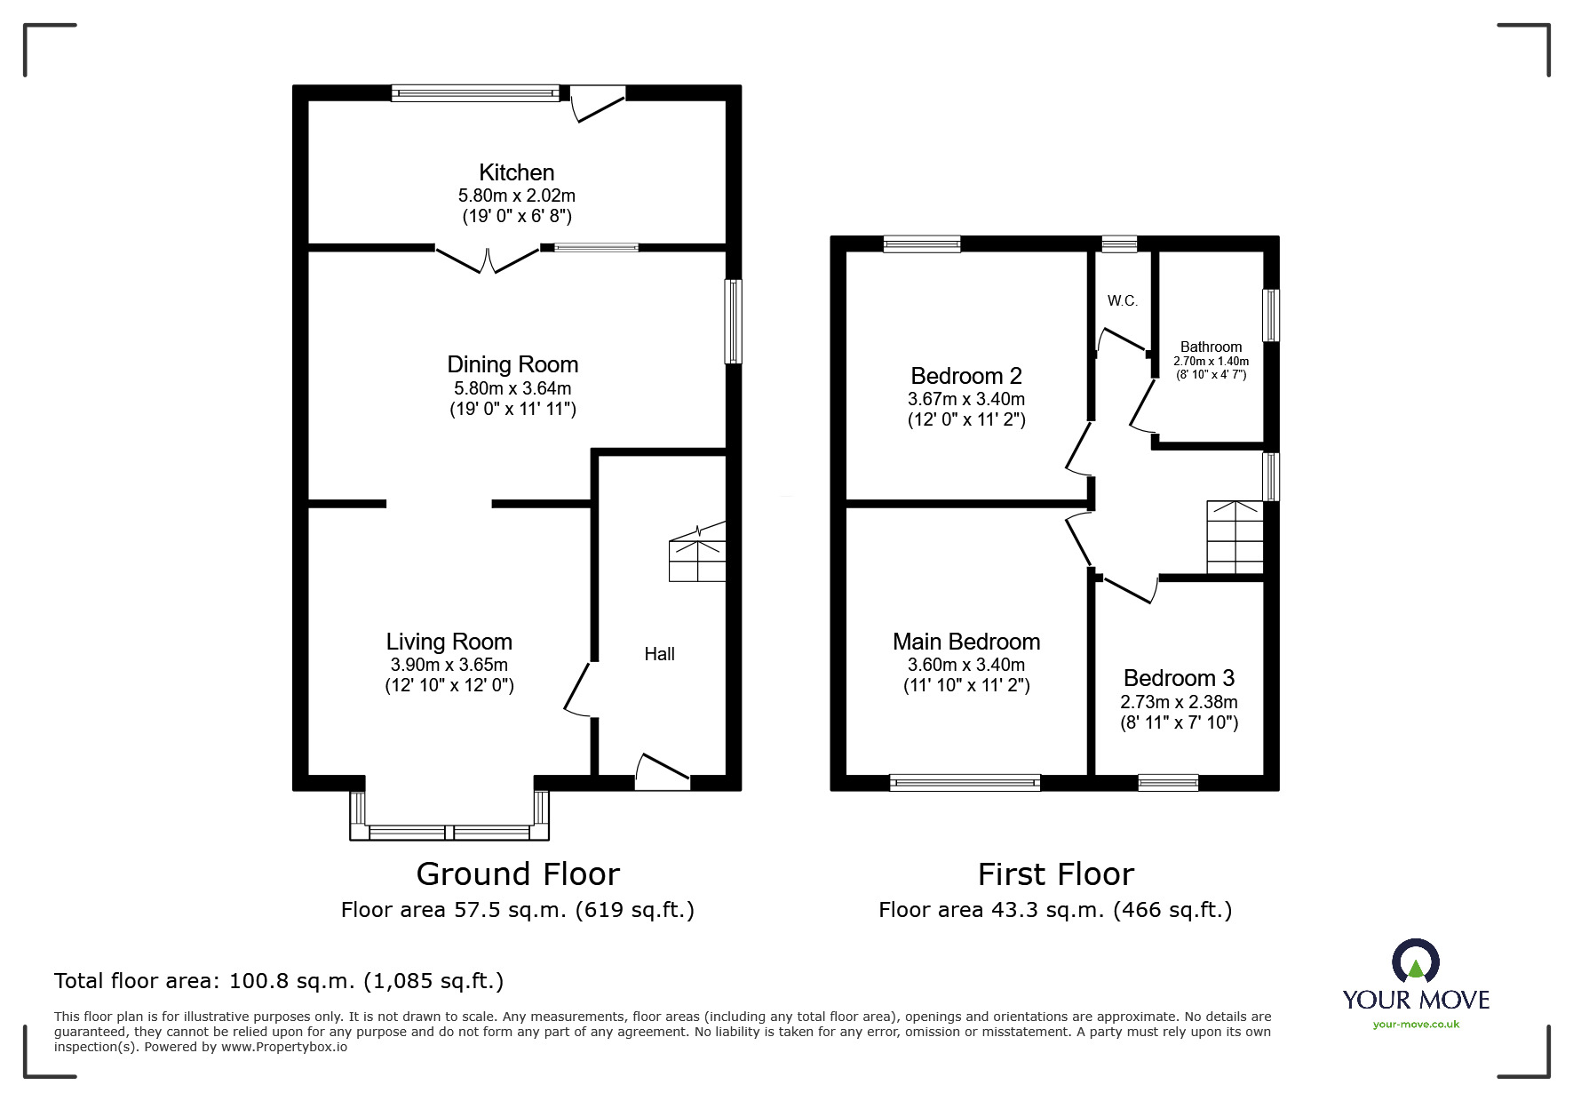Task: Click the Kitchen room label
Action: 516,172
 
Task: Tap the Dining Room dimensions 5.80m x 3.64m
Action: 512,388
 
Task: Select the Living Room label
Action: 449,642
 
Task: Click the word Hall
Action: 659,654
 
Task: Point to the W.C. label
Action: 1122,301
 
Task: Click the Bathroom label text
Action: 1211,347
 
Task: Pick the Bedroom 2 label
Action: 966,376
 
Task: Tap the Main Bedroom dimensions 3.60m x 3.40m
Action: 965,665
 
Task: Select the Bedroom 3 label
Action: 1179,678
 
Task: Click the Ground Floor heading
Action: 518,874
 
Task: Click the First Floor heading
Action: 1055,874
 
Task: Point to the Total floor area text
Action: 279,981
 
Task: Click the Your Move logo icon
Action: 1415,962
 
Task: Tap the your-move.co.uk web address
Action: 1416,1025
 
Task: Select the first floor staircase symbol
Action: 1235,538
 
